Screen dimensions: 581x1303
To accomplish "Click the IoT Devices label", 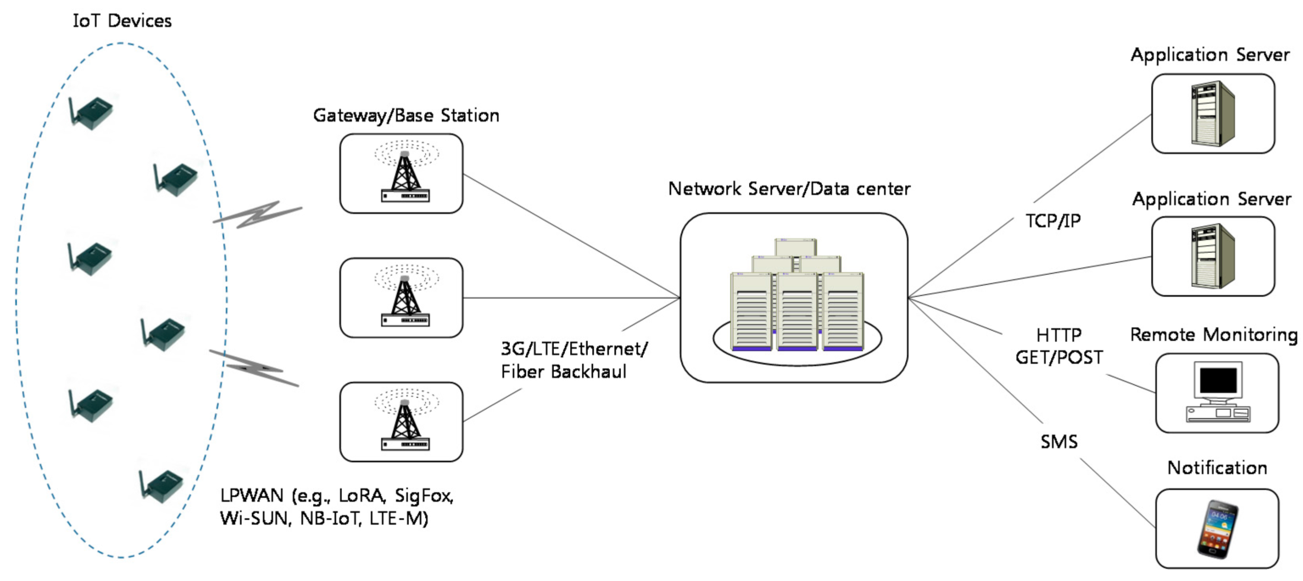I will (122, 20).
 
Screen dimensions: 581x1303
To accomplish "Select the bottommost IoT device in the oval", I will (162, 484).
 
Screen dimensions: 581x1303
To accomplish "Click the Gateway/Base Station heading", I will (405, 115).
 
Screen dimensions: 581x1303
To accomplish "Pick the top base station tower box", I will (401, 174).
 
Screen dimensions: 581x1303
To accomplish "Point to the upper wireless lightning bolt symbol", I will (259, 215).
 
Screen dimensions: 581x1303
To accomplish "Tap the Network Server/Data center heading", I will (789, 188).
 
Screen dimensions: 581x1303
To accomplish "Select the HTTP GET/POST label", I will (1059, 345).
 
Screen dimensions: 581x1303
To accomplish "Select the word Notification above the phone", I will (1216, 467).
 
